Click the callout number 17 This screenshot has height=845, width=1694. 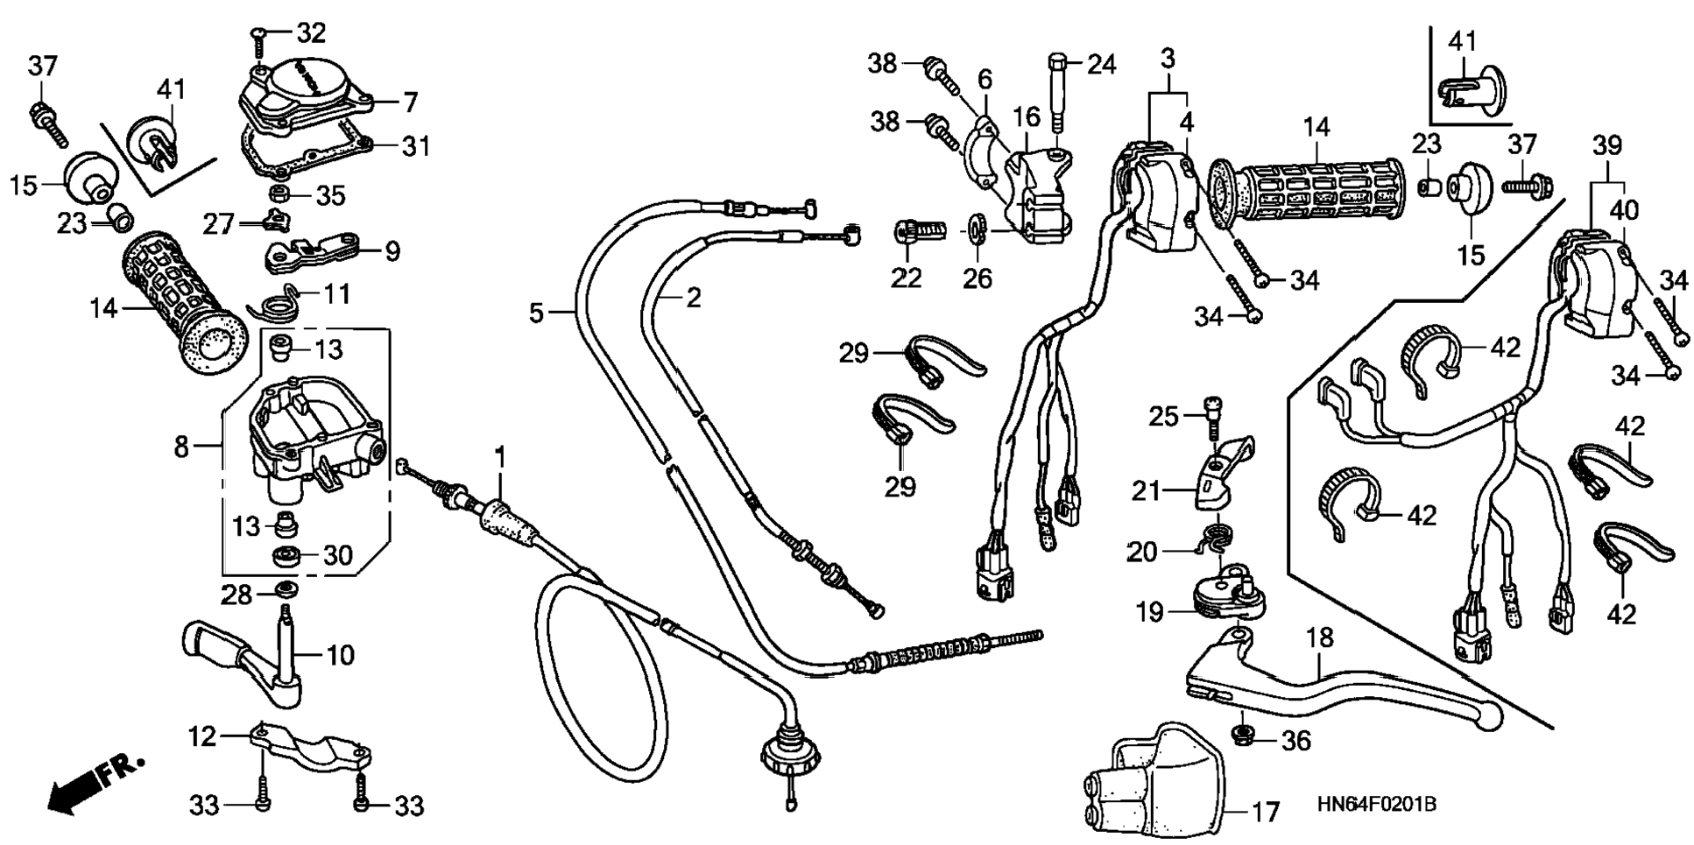click(x=1264, y=813)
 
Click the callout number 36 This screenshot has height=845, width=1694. click(x=1295, y=742)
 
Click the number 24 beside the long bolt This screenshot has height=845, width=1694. click(x=1102, y=64)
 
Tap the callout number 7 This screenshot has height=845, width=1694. click(x=411, y=102)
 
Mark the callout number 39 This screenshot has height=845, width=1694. click(x=1606, y=145)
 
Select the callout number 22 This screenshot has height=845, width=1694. click(x=907, y=278)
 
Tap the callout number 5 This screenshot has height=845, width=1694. click(x=537, y=312)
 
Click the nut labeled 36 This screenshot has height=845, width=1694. click(x=1241, y=734)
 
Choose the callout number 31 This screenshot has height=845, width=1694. click(x=416, y=146)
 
